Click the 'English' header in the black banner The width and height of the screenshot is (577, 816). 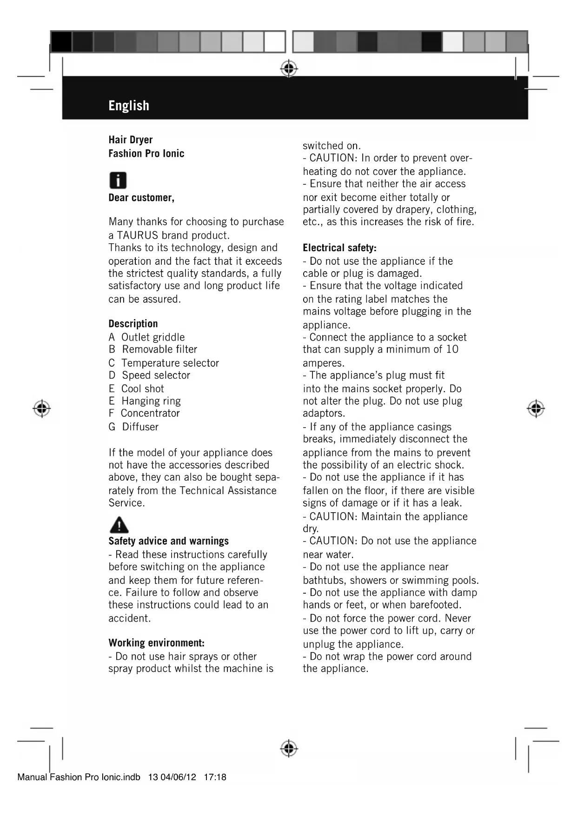[x=129, y=106]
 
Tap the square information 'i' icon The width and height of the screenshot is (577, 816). [x=118, y=180]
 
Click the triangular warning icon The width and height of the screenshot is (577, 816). [x=119, y=525]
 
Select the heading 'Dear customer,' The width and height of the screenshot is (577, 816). [x=141, y=198]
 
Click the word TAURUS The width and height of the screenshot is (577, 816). [x=138, y=235]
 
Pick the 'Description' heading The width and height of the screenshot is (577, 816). [x=133, y=324]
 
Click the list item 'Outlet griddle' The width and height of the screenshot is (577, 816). [x=153, y=337]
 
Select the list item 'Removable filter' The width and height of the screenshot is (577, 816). [x=159, y=349]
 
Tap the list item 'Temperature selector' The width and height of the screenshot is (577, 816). [x=170, y=363]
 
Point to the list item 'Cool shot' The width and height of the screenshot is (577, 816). [x=142, y=388]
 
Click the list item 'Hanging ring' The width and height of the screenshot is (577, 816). [x=151, y=401]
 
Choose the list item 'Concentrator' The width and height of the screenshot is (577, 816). [x=150, y=413]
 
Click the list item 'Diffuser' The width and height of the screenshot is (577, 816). [x=140, y=427]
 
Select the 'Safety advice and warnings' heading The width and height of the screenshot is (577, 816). [x=168, y=541]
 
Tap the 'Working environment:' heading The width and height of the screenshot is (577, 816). [x=156, y=643]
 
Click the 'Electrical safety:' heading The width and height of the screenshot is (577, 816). [x=339, y=248]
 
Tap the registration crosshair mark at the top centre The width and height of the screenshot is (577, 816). [x=289, y=69]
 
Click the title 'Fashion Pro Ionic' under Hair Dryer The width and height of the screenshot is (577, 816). [x=146, y=154]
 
